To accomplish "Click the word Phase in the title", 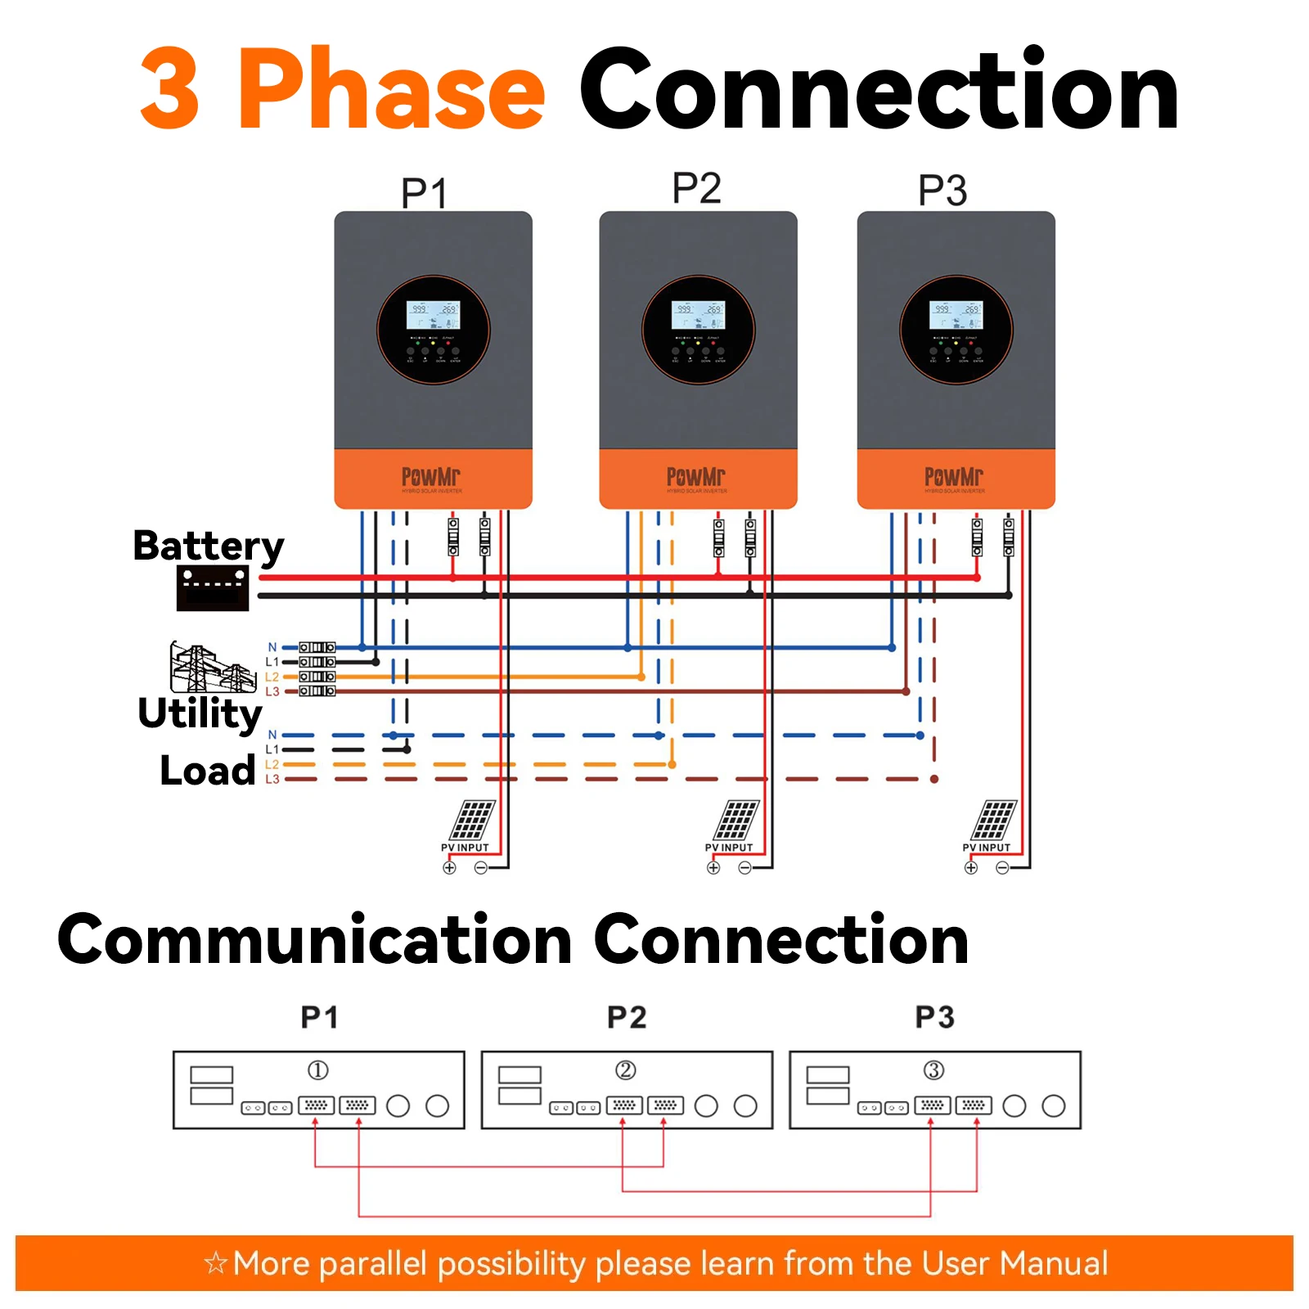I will pyautogui.click(x=391, y=90).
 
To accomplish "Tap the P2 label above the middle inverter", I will pyautogui.click(x=696, y=188).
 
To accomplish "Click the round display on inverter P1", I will pyautogui.click(x=433, y=330).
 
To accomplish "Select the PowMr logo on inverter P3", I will pyautogui.click(x=954, y=476).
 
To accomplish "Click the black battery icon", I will pyautogui.click(x=213, y=587).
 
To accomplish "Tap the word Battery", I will pyautogui.click(x=209, y=546).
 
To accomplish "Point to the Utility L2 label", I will pyautogui.click(x=272, y=677).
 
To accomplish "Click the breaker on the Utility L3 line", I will pyautogui.click(x=317, y=691).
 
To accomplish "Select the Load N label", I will pyautogui.click(x=272, y=735).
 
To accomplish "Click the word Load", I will pyautogui.click(x=207, y=771).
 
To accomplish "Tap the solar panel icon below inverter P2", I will pyautogui.click(x=738, y=820).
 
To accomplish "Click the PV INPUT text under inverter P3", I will pyautogui.click(x=986, y=848).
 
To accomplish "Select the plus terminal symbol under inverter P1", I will pyautogui.click(x=449, y=868).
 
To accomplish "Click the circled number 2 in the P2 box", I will pyautogui.click(x=625, y=1070).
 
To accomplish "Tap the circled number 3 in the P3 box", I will pyautogui.click(x=933, y=1070).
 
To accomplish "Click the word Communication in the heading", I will pyautogui.click(x=314, y=941).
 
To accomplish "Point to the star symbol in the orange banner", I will pyautogui.click(x=215, y=1263).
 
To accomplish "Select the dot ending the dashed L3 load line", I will pyautogui.click(x=934, y=779).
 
